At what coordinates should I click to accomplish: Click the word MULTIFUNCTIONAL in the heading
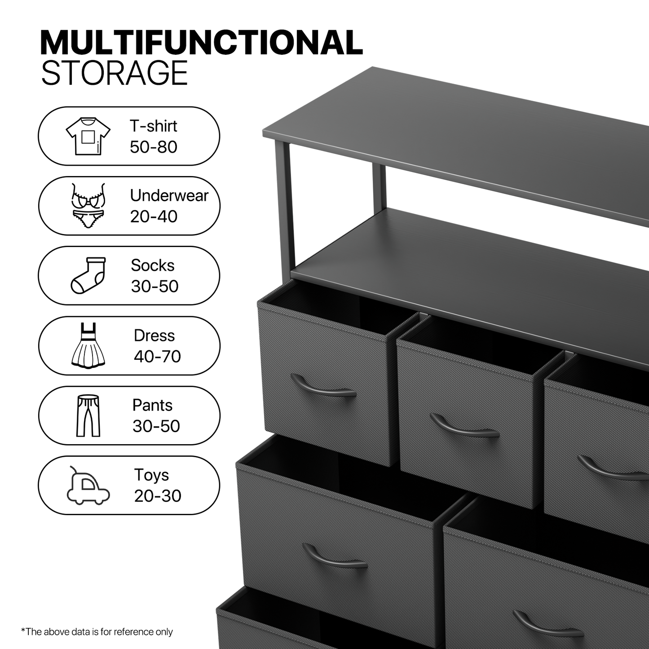(x=201, y=43)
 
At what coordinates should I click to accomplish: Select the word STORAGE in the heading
(x=115, y=73)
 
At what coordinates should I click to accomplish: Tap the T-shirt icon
(x=88, y=136)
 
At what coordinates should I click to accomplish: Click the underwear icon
(x=88, y=205)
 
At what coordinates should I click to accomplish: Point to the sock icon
(x=88, y=275)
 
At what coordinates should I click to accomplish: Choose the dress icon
(x=88, y=345)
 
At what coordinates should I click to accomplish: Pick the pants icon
(x=88, y=415)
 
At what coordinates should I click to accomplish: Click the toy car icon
(x=88, y=486)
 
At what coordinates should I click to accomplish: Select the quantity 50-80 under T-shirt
(x=153, y=147)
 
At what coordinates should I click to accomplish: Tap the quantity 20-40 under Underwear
(x=154, y=216)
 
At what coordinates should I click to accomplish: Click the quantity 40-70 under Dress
(x=157, y=357)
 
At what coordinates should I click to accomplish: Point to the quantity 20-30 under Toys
(x=157, y=496)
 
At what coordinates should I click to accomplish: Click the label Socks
(x=152, y=265)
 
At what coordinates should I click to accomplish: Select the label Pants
(x=152, y=405)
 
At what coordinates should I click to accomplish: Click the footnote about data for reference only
(x=97, y=632)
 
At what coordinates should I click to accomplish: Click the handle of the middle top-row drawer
(x=464, y=428)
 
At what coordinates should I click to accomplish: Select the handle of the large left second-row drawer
(x=334, y=558)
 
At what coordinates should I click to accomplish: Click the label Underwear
(x=169, y=196)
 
